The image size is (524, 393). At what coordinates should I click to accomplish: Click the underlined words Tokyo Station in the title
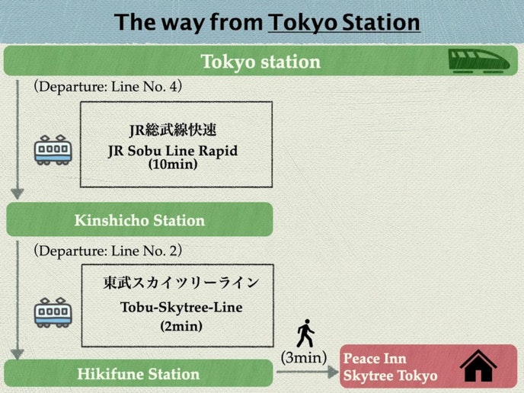343,22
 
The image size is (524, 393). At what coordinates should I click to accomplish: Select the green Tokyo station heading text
260,62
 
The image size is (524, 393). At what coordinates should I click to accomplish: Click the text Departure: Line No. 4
107,86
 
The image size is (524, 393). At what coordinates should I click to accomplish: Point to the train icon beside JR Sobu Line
53,149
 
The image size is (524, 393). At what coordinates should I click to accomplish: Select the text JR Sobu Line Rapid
172,151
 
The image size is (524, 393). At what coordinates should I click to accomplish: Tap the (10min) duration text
173,164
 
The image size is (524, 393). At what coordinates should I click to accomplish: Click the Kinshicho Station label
139,221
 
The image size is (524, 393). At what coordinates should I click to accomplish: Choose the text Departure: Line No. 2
107,251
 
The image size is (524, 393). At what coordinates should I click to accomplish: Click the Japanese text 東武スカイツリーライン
181,283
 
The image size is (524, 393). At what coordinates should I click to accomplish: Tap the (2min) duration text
181,325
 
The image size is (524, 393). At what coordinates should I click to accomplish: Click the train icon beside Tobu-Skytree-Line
53,312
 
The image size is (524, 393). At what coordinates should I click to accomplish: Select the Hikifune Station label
138,374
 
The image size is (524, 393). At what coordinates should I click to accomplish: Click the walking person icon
305,334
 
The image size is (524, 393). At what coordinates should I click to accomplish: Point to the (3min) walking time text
304,356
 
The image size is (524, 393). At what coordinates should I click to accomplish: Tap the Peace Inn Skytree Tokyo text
390,367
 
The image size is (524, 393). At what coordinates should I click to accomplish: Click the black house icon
478,366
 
